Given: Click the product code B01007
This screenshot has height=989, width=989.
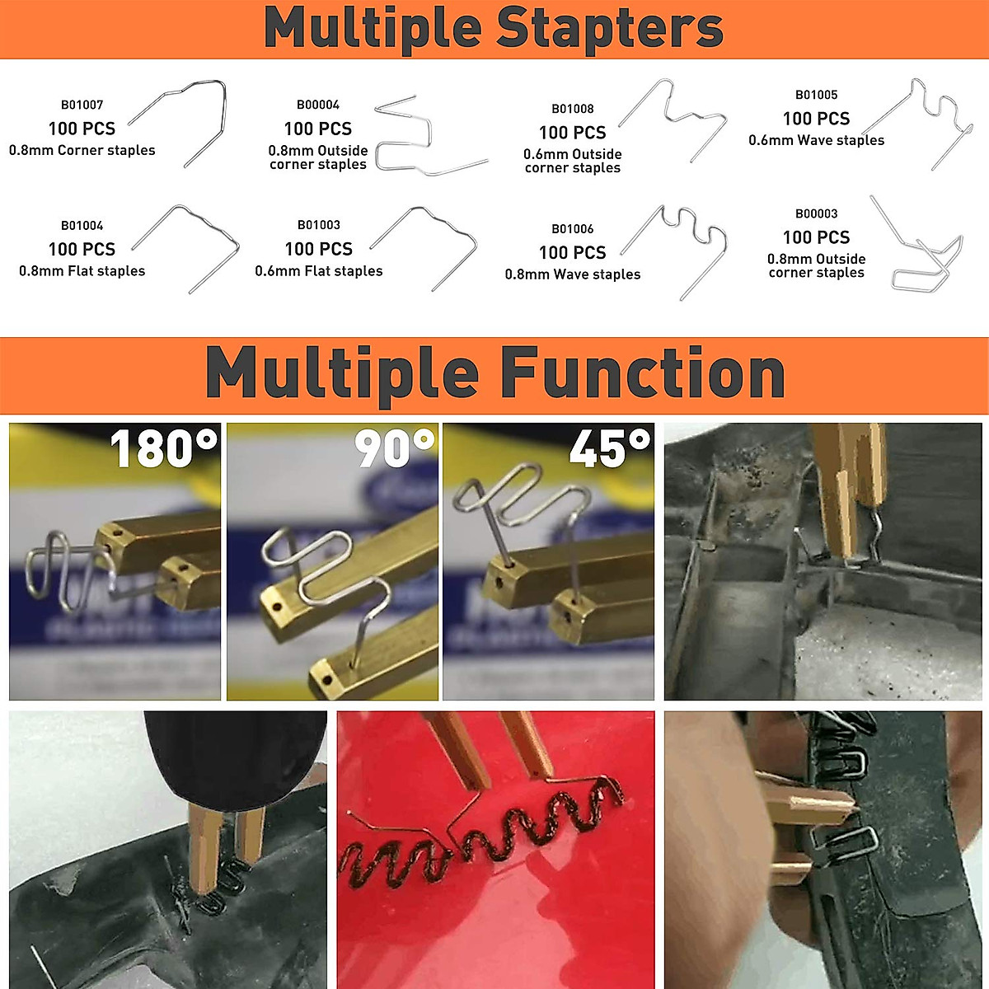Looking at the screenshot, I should coord(82,105).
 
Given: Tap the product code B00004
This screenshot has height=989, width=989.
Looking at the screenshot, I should coord(317,105).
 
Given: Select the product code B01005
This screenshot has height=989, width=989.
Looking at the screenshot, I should coord(816,95).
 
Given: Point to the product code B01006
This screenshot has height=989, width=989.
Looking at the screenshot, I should coord(572,229).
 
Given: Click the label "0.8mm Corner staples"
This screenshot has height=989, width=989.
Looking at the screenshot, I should coord(82,150).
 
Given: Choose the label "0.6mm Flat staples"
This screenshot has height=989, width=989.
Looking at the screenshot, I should coord(318,271).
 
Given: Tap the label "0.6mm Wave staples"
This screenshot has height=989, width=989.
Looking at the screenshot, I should coord(816,140).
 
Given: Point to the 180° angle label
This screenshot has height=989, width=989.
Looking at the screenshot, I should coord(164,448).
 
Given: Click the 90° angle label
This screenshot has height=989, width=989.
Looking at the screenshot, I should coord(394,448).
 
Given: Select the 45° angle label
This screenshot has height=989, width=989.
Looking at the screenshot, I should coord(610,448).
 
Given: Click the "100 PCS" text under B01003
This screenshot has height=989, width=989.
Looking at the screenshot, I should coord(318,249).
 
